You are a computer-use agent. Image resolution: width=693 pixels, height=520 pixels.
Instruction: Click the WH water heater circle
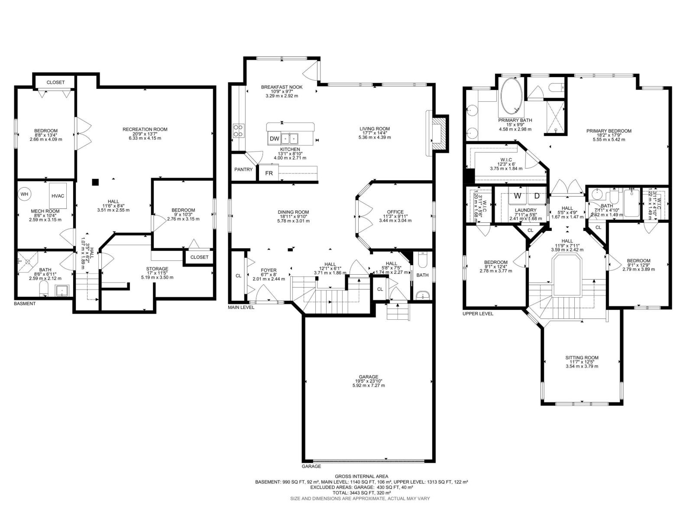click(x=24, y=194)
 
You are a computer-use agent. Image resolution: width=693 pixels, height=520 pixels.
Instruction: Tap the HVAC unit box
click(x=58, y=196)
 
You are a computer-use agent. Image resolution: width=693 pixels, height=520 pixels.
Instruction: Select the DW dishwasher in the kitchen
click(x=274, y=139)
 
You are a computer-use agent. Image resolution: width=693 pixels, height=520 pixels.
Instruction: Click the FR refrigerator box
click(x=269, y=173)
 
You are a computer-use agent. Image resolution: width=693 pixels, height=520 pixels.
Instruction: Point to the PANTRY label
click(x=243, y=169)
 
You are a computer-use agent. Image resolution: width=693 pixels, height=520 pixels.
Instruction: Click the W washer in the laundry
click(x=517, y=196)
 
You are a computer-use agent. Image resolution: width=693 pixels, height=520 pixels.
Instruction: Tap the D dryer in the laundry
click(x=537, y=196)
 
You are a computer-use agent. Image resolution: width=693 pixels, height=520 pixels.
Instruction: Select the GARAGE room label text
click(x=368, y=377)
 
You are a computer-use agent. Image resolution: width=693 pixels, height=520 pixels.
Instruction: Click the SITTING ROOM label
click(x=582, y=358)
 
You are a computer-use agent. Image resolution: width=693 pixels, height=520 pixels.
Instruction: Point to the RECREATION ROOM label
click(x=145, y=129)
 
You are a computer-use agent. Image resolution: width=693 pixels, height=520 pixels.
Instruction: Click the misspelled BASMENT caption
click(x=25, y=304)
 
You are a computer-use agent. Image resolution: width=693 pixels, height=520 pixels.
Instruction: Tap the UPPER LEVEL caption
click(x=478, y=314)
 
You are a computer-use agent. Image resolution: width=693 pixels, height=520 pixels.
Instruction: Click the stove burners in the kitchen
click(x=238, y=130)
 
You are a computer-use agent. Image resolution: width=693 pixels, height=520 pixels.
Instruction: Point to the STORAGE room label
click(x=157, y=269)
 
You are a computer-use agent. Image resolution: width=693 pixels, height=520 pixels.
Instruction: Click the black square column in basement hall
click(x=95, y=182)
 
